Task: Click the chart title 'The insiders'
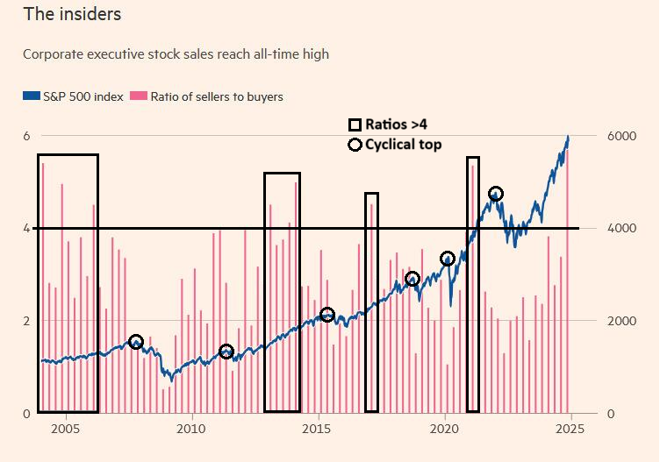click(72, 15)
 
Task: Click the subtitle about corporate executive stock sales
click(176, 54)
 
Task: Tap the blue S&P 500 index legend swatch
click(32, 96)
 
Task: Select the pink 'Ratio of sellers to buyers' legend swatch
click(139, 96)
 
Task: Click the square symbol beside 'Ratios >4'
click(355, 125)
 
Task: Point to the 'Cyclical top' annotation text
click(403, 145)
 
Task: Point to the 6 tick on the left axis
click(26, 136)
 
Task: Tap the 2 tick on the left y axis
click(26, 321)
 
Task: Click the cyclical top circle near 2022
click(495, 194)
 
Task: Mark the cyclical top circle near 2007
click(135, 342)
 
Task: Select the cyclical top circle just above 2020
click(448, 259)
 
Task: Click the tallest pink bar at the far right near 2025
click(567, 281)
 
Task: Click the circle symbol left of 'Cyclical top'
click(355, 145)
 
